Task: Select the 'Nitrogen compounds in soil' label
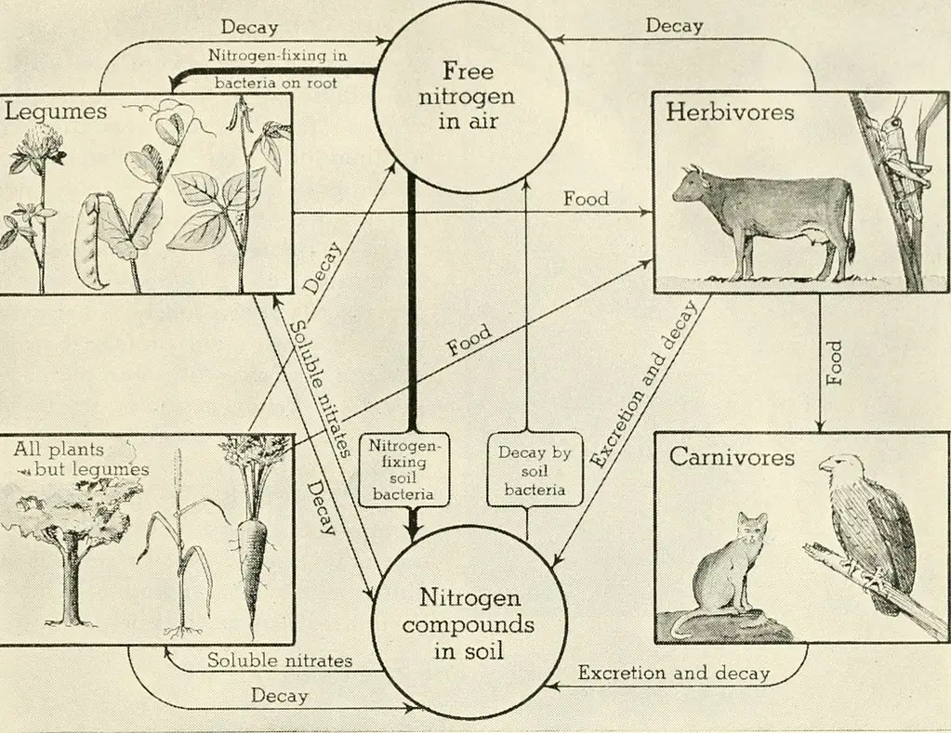[469, 624]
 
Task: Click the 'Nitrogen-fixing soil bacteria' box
[403, 469]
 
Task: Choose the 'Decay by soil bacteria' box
[535, 469]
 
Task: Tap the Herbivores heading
[730, 112]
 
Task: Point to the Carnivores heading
[732, 457]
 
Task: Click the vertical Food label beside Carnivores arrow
[835, 362]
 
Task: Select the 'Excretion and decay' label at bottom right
[673, 673]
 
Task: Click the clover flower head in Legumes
[39, 139]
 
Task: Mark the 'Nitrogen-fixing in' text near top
[278, 55]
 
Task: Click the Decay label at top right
[674, 26]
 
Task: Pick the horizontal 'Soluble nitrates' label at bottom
[280, 660]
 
